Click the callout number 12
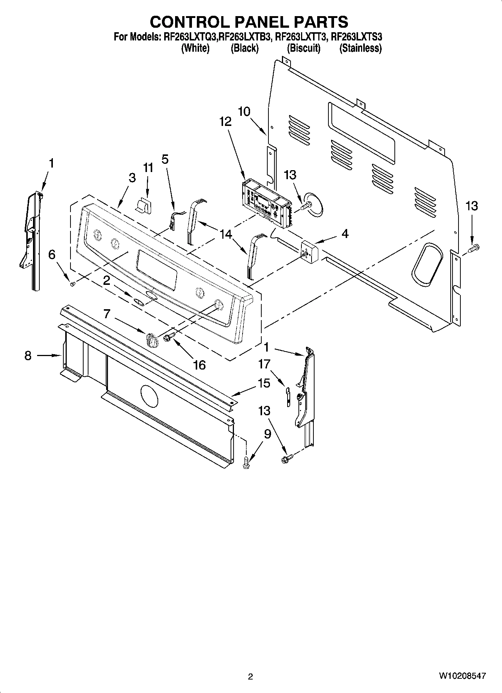225,121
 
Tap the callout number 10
244,111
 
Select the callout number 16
200,364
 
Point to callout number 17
264,364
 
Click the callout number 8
28,355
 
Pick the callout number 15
264,383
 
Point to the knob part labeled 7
151,340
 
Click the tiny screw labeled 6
73,284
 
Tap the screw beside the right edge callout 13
475,247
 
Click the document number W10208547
463,676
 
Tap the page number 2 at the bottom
250,677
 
